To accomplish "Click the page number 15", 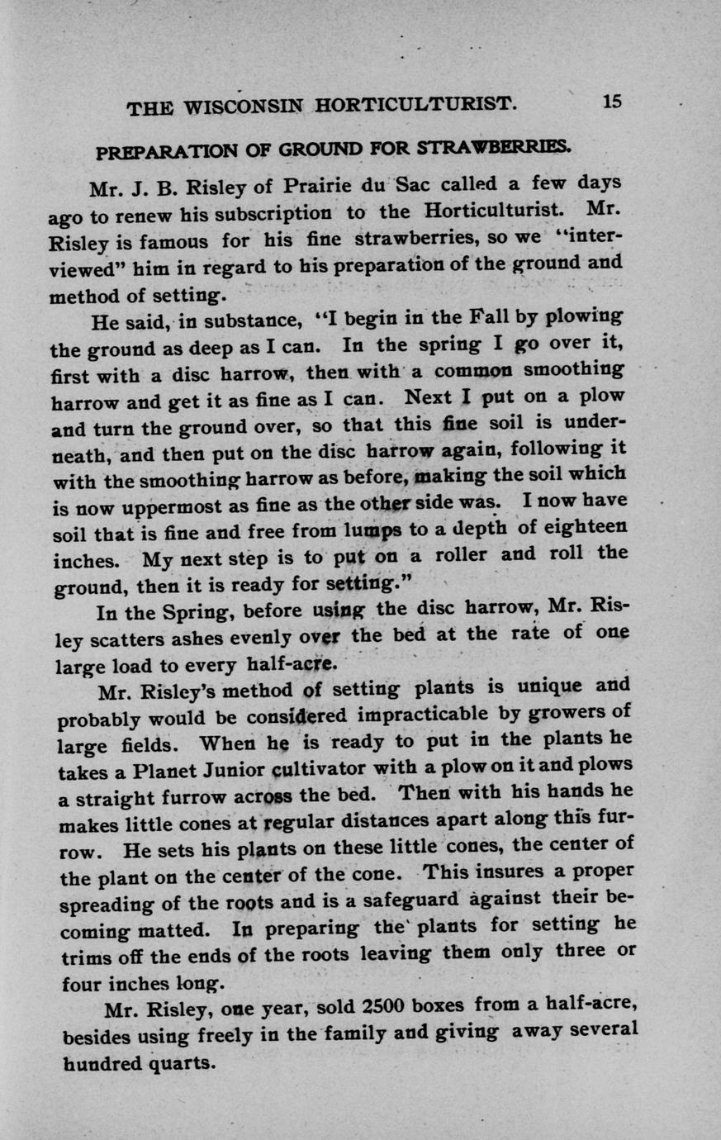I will tap(612, 102).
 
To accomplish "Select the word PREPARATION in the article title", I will tap(164, 153).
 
